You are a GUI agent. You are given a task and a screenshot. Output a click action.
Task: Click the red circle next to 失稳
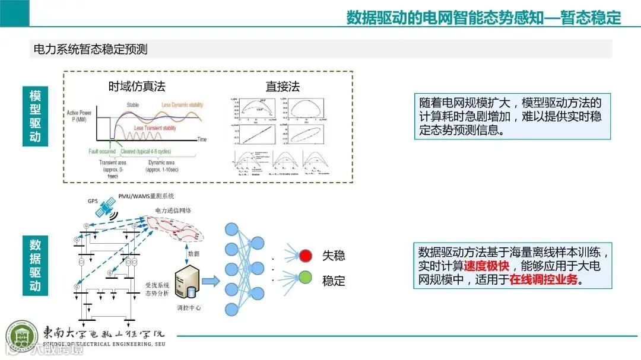[306, 256]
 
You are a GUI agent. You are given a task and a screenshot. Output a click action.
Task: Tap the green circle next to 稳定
[306, 277]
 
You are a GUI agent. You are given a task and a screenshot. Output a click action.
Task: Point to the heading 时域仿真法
[137, 87]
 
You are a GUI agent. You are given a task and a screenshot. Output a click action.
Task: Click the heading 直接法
[283, 87]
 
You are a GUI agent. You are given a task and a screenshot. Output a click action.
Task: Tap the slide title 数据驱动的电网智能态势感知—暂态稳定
[483, 18]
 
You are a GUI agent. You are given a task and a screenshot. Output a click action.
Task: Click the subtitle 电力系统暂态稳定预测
[90, 49]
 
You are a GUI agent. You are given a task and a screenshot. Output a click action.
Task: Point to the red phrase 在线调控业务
[543, 280]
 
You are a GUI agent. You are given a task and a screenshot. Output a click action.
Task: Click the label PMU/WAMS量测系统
[147, 196]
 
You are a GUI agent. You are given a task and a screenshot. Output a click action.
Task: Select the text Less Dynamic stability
[182, 105]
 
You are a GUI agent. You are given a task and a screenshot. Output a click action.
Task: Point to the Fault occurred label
[102, 152]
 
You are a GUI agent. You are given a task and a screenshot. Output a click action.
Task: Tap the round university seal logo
[21, 336]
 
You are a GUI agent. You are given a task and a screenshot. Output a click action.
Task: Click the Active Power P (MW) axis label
[80, 115]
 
